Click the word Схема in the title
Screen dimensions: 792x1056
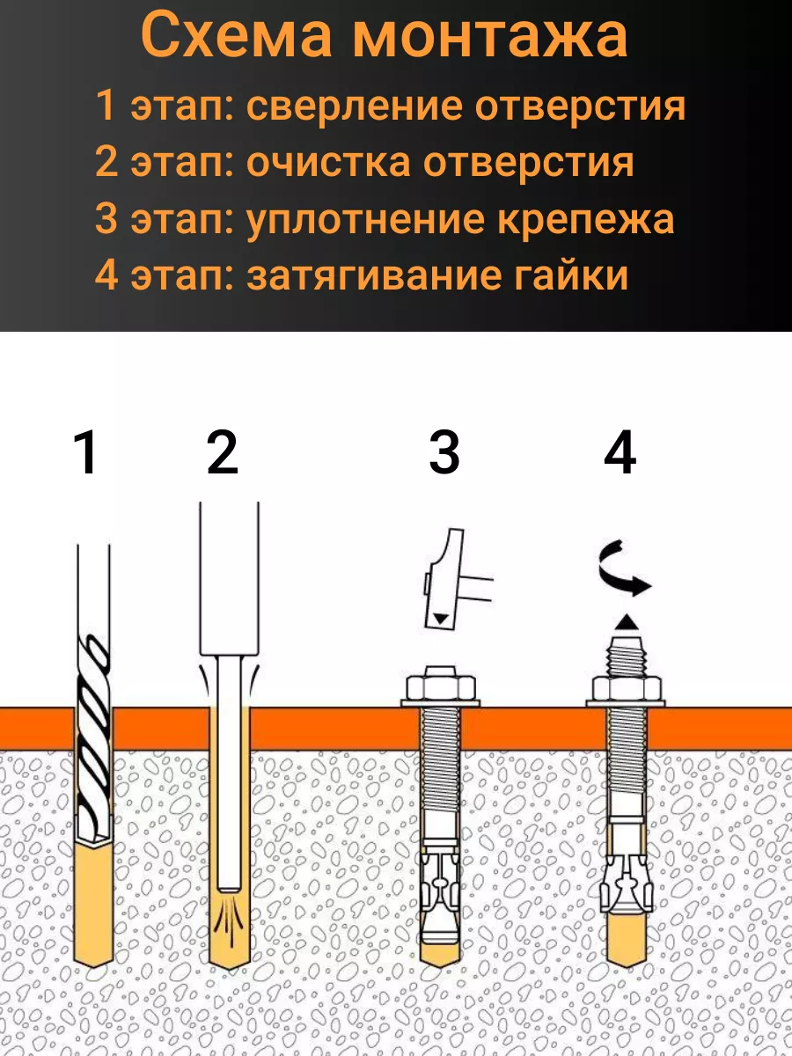coord(236,35)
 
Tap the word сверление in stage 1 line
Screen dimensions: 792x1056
coord(354,106)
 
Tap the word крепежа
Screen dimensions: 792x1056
coord(585,219)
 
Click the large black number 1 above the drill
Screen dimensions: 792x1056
coord(86,452)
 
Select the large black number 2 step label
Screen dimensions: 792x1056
coord(222,452)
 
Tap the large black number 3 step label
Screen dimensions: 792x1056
coord(444,452)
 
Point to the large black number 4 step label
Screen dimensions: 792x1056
coord(620,452)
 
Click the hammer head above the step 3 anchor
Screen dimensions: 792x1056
coord(444,579)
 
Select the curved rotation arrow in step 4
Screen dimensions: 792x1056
coord(624,569)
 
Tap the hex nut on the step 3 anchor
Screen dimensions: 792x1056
coord(441,687)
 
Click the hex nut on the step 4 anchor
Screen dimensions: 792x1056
coord(626,687)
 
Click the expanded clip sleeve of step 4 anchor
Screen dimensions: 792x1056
coord(627,886)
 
